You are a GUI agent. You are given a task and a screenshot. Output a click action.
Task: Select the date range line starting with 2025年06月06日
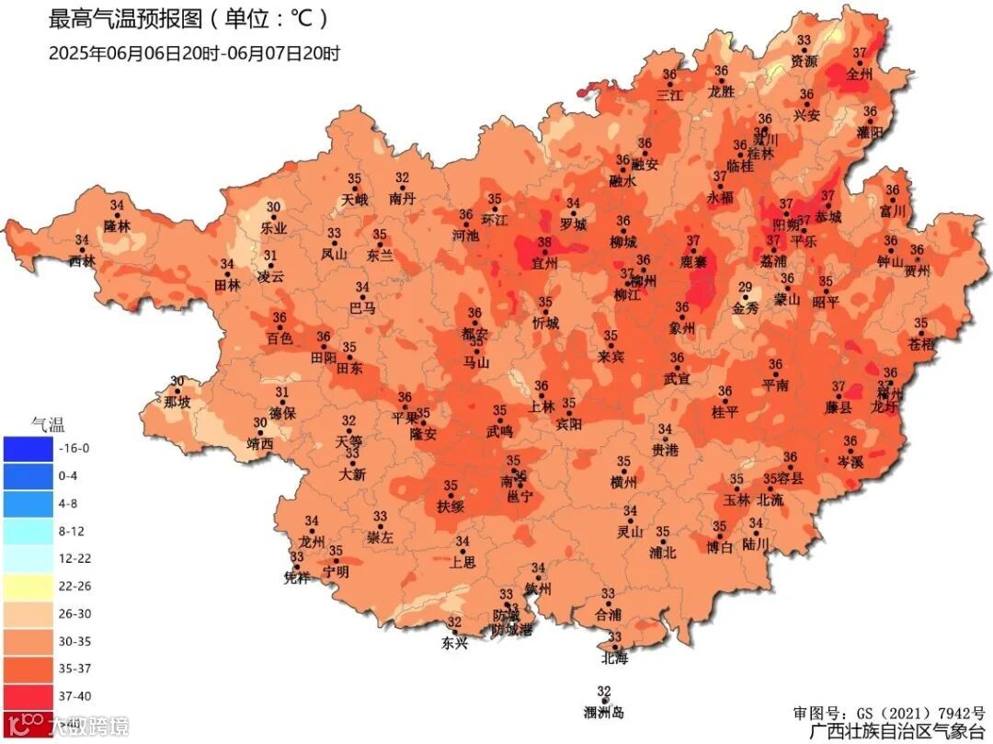click(194, 53)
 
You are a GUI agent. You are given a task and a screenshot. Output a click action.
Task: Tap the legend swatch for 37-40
click(28, 696)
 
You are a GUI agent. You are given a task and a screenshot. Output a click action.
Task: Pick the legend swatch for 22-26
click(28, 586)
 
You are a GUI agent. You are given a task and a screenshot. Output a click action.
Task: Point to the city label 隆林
click(118, 224)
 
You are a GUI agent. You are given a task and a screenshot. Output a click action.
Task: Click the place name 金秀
click(746, 309)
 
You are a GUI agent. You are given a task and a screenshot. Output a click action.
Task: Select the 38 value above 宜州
click(544, 243)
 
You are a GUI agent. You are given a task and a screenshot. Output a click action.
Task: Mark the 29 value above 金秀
click(745, 288)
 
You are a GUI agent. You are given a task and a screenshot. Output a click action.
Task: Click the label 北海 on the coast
click(614, 658)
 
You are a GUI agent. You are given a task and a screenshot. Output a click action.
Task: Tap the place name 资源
click(805, 61)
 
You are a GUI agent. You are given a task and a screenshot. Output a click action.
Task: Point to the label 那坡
click(177, 402)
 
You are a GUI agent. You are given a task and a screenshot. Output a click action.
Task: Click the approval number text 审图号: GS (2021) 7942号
click(888, 713)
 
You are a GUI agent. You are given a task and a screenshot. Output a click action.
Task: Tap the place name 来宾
click(611, 356)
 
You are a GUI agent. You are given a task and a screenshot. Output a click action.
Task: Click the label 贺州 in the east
click(917, 270)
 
